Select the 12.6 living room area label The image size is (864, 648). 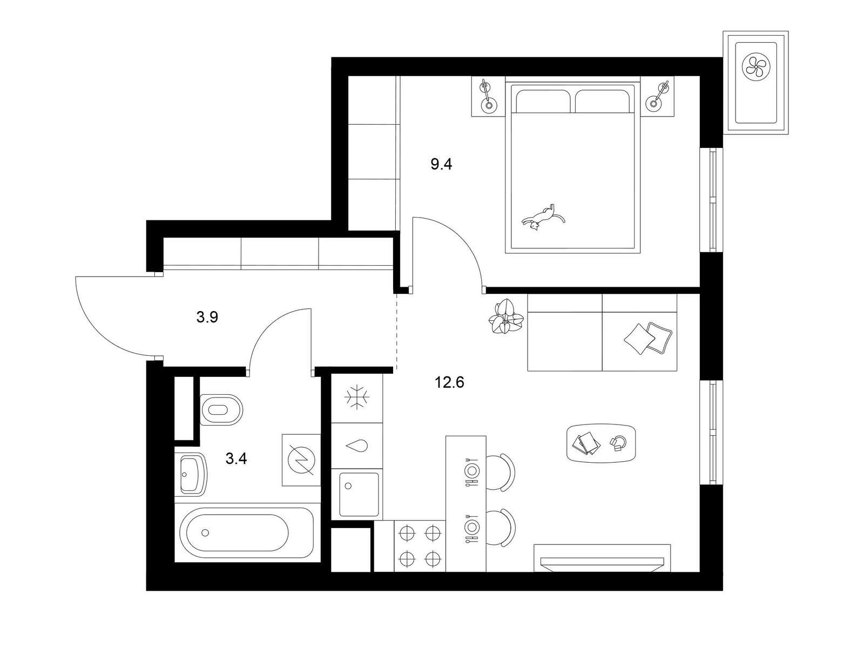click(449, 382)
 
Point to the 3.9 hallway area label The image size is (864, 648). click(207, 317)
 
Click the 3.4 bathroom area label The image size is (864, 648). click(236, 458)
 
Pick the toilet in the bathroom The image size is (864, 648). click(221, 409)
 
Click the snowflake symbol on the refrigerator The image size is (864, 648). click(357, 398)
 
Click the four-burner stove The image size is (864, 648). click(420, 546)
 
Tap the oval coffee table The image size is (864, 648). click(601, 443)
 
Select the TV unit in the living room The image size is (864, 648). click(602, 558)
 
